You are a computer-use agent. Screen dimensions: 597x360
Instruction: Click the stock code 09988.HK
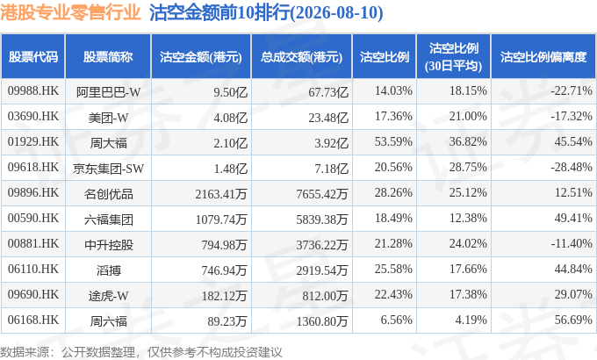pos(33,91)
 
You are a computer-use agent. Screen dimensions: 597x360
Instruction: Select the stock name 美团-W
pos(109,118)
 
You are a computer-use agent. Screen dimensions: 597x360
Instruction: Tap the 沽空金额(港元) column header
pos(201,57)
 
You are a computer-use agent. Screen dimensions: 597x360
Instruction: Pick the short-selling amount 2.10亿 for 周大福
pos(230,143)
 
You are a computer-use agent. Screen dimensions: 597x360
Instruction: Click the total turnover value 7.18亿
pos(331,169)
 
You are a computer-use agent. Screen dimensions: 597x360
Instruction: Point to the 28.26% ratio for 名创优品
pos(393,193)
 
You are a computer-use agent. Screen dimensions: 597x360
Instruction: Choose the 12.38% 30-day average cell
pos(468,219)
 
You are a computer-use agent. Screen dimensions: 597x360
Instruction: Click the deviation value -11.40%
pos(572,243)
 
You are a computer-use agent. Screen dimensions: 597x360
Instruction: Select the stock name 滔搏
pos(109,270)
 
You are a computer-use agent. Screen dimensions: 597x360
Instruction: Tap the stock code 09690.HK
pos(33,294)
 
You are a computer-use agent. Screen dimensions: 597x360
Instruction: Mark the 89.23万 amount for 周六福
pos(227,321)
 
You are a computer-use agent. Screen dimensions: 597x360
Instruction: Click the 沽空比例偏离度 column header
pos(543,57)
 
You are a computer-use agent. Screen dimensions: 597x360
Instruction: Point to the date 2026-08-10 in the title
pos(338,13)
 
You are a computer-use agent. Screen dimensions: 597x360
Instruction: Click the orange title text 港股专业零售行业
pos(70,12)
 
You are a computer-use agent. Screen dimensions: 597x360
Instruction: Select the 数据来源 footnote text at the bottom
pos(140,352)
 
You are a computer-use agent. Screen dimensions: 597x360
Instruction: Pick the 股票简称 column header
pos(108,57)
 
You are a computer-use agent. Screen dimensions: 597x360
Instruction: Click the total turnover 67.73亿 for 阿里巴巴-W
pos(328,92)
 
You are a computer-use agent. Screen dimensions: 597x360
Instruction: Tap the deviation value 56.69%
pos(573,320)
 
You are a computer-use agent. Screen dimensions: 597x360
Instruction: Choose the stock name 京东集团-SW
pos(109,169)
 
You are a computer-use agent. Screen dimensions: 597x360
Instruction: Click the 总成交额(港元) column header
pos(301,57)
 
